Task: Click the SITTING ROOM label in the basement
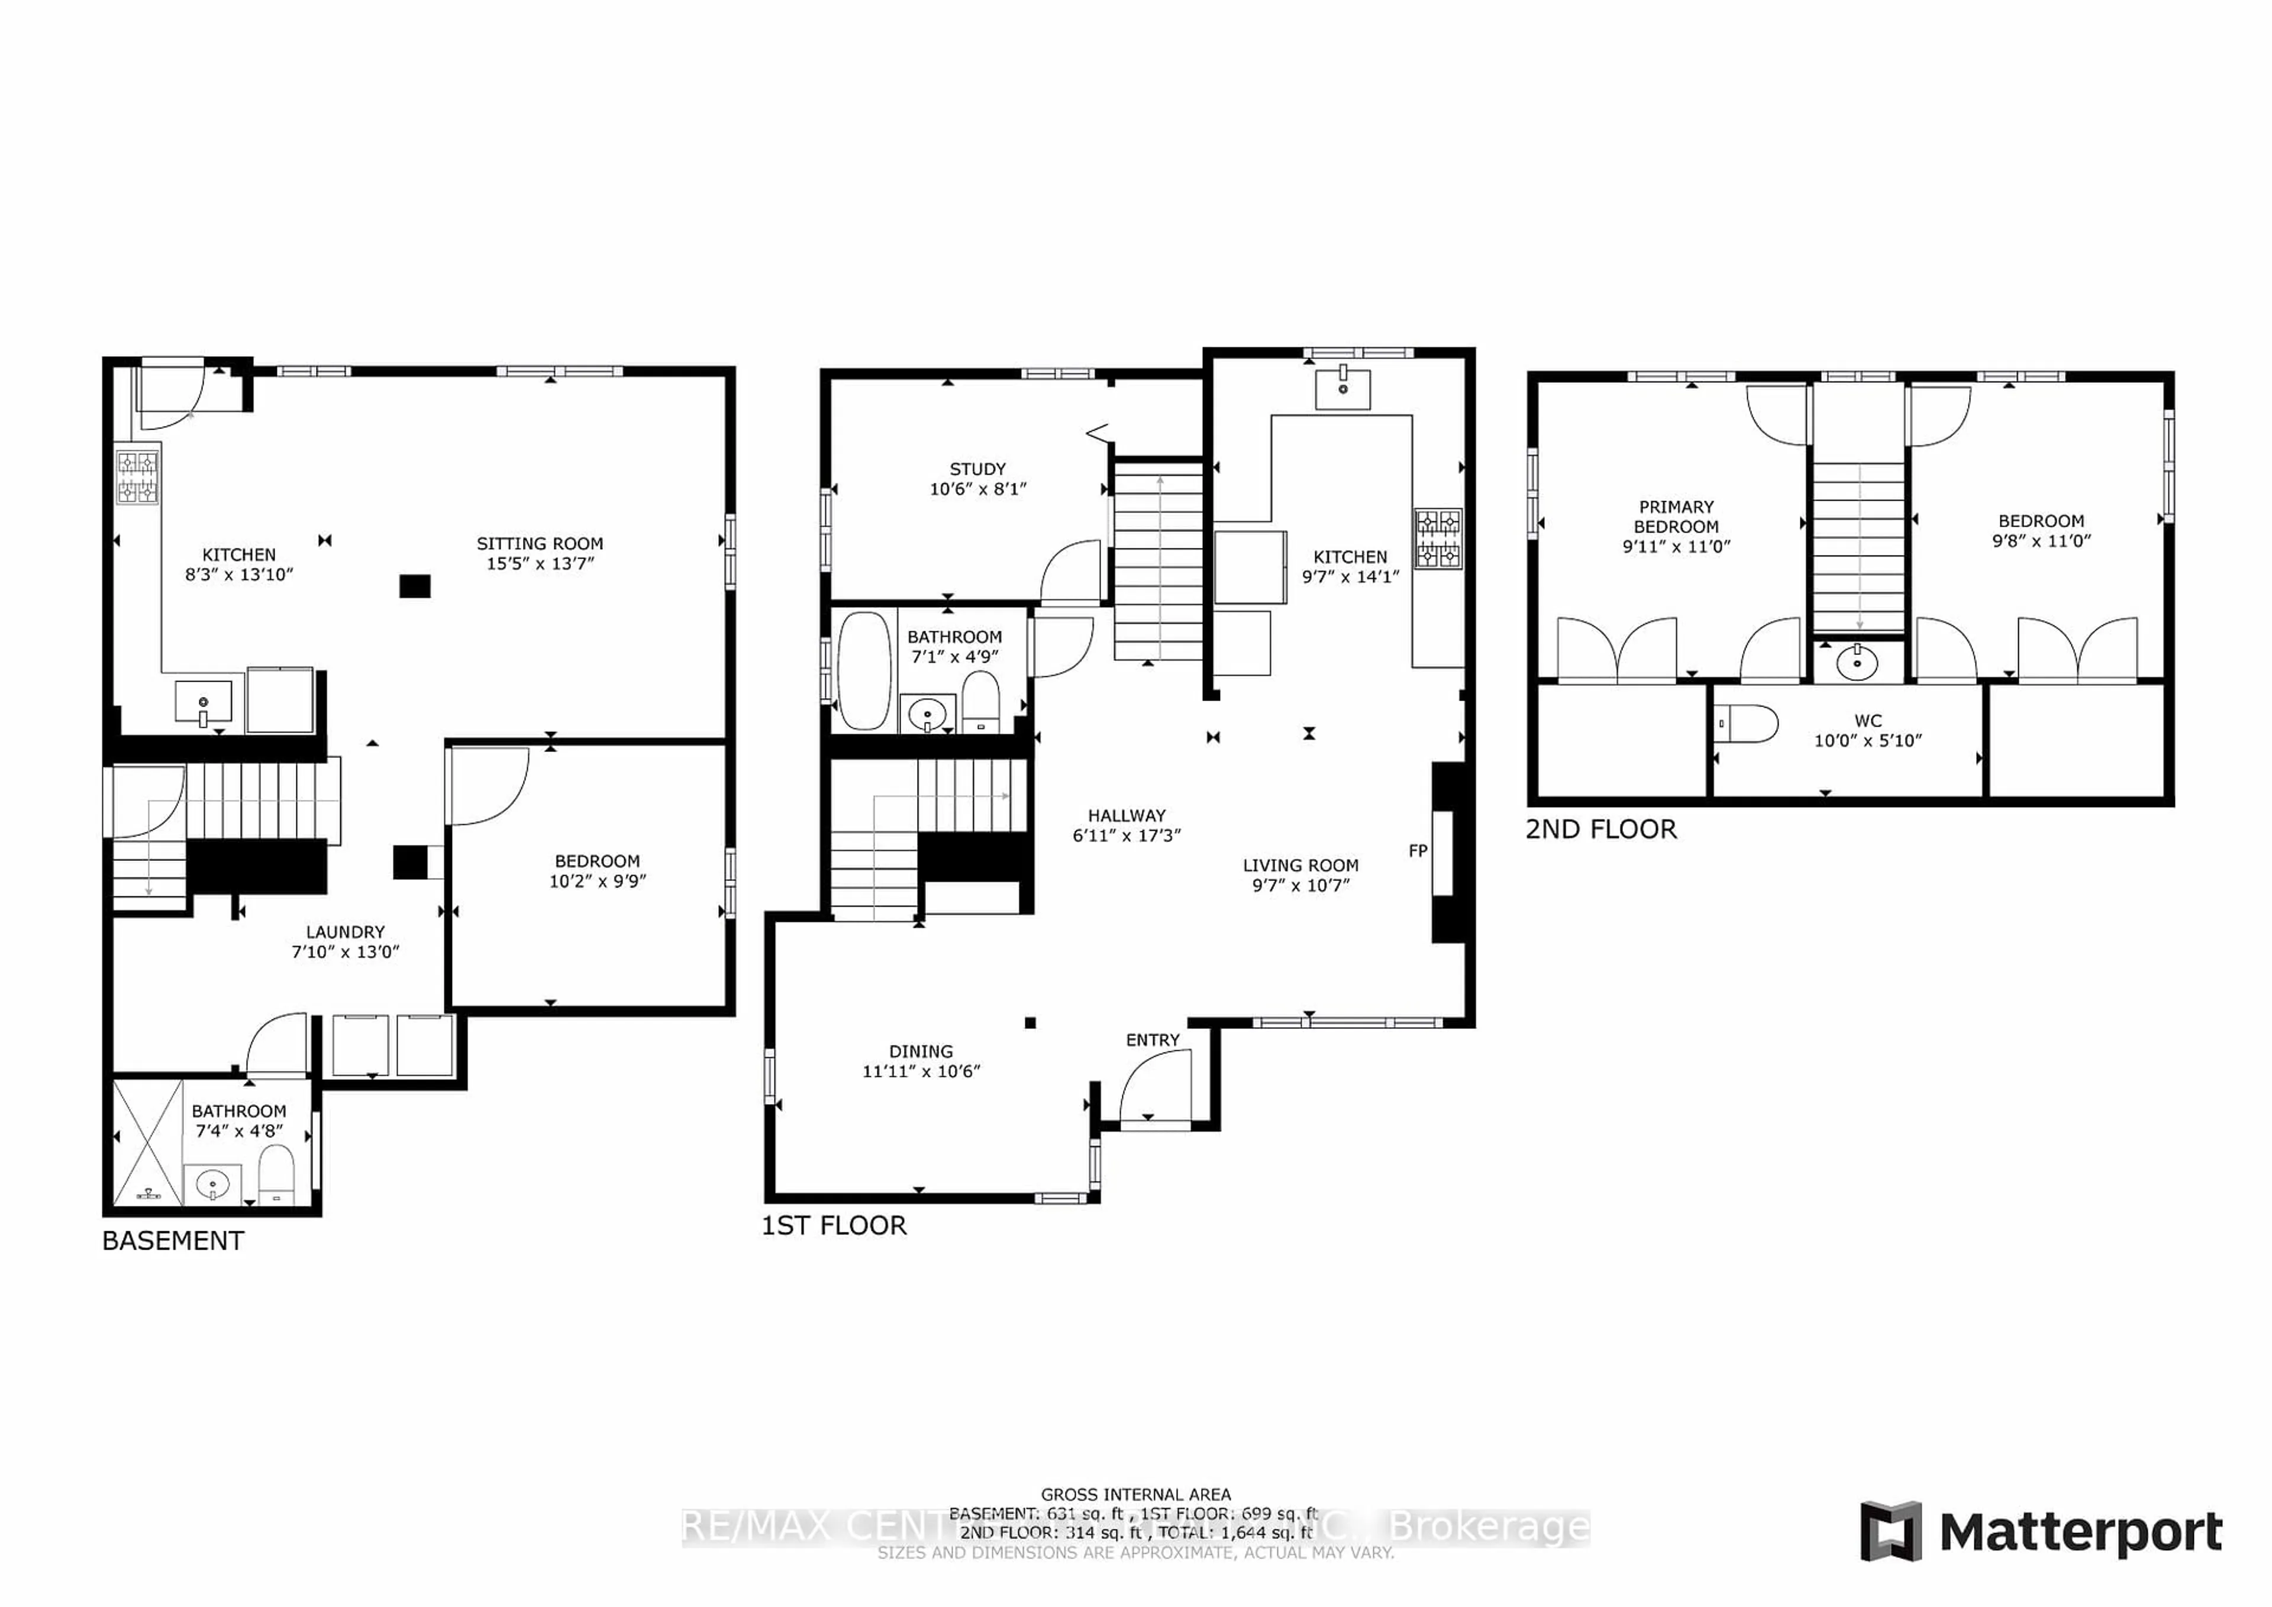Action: [539, 543]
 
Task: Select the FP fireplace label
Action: [1417, 850]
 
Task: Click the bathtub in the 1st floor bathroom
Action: [864, 671]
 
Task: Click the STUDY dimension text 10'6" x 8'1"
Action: [977, 489]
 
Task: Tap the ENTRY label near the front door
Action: [1152, 1040]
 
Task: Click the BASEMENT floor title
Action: [173, 1241]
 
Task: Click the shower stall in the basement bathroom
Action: [147, 1143]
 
